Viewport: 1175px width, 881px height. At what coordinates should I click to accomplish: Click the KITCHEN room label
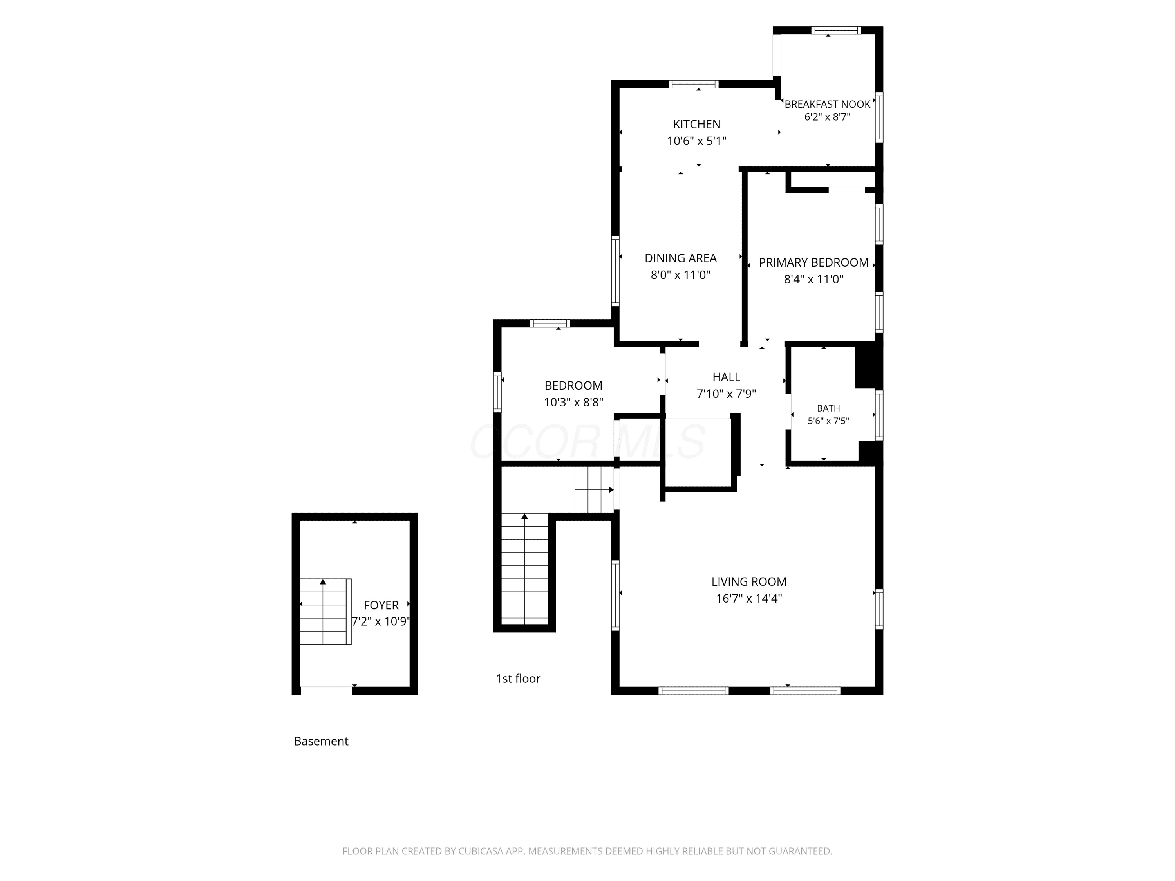(696, 124)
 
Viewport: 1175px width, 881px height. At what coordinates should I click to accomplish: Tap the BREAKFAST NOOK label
(827, 104)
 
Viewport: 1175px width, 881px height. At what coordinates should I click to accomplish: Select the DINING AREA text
(680, 258)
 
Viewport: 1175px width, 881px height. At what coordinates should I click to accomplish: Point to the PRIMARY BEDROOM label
(813, 262)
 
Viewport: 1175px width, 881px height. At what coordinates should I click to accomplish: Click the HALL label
(726, 377)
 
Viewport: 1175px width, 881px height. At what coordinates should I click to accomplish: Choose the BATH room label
(828, 408)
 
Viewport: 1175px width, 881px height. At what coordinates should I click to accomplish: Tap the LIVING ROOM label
(748, 581)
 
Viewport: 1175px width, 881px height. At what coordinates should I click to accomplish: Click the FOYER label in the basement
(381, 605)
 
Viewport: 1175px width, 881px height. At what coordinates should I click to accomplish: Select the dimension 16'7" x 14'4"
(748, 598)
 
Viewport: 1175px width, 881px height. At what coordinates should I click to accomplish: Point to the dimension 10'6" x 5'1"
(696, 141)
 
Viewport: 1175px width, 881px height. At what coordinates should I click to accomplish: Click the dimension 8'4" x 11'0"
(813, 279)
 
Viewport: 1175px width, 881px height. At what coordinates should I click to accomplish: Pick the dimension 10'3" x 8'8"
(573, 403)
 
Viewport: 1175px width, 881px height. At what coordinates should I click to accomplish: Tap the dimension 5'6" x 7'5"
(828, 421)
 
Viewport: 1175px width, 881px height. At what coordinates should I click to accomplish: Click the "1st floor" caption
(518, 679)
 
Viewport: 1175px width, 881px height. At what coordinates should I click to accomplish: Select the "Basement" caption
(321, 741)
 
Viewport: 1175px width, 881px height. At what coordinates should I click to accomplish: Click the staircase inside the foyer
(325, 612)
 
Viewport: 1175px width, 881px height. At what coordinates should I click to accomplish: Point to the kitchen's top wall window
(693, 84)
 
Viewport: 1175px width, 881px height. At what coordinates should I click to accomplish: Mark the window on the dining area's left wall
(615, 271)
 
